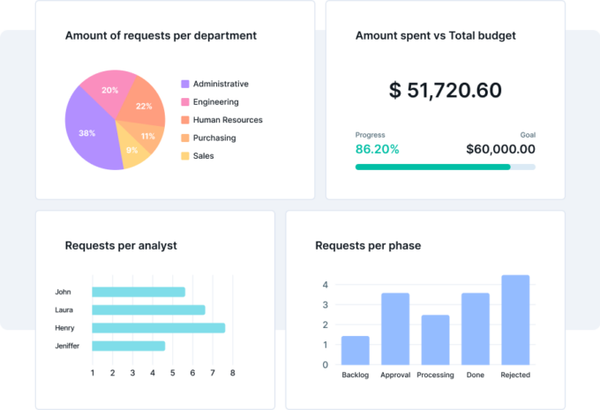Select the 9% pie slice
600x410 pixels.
coord(131,150)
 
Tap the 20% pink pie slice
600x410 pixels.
coord(110,90)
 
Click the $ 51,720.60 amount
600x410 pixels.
coord(445,90)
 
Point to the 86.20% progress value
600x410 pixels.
coord(377,149)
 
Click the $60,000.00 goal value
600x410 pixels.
coord(500,149)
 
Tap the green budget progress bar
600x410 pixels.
coord(432,167)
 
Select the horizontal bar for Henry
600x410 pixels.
coord(158,328)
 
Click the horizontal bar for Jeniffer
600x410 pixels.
coord(128,346)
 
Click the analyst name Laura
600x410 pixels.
coord(64,310)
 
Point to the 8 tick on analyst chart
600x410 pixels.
coord(233,373)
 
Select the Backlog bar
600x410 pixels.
coord(355,350)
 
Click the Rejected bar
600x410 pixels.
coord(515,319)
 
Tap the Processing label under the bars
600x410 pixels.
coord(435,375)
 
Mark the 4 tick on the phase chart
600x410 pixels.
coord(325,285)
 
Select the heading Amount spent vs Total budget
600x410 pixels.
coord(435,36)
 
